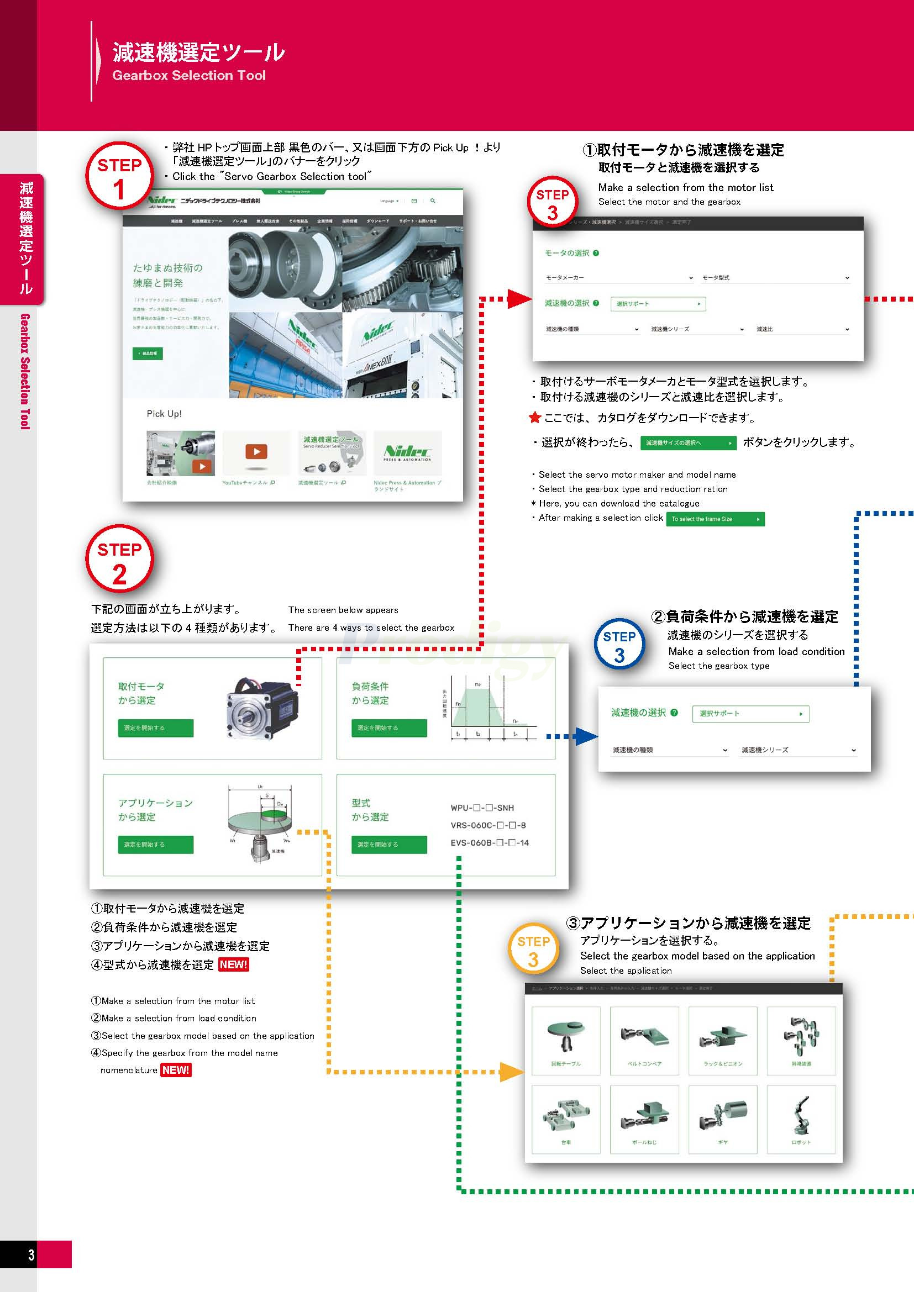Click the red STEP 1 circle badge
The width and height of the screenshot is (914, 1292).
coord(119,176)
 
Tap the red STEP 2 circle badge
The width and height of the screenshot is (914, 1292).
coord(119,560)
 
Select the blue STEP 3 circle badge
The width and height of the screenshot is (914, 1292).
coord(619,645)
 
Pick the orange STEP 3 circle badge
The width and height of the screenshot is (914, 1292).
coord(533,950)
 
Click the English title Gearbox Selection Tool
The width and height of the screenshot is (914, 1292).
coord(188,76)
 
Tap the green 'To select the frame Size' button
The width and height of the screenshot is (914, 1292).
coord(715,519)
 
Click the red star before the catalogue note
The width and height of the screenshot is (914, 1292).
coord(535,418)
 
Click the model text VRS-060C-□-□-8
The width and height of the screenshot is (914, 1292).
coord(488,825)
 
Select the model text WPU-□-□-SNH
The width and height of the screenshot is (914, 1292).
coord(482,808)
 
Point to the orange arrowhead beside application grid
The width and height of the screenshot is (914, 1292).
coord(512,1072)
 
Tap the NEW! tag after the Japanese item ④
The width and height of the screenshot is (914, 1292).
coord(233,964)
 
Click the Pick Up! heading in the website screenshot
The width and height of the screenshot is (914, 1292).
coord(164,414)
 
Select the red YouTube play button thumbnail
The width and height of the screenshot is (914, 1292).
coord(256,451)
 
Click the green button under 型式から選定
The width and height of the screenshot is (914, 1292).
coord(389,844)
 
